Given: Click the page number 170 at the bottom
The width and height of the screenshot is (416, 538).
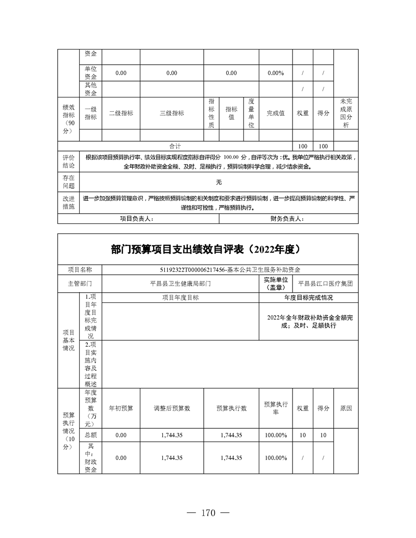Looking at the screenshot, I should (x=208, y=513).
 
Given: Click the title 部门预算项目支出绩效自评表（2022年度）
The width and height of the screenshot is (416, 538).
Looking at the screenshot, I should (x=208, y=250).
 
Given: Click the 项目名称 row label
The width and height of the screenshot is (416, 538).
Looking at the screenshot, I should (x=80, y=270).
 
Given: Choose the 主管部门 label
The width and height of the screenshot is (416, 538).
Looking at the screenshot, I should (x=80, y=283).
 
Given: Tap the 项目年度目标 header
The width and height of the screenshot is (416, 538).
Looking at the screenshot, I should (x=181, y=297).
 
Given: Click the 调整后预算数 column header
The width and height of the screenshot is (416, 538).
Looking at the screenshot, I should (x=172, y=408).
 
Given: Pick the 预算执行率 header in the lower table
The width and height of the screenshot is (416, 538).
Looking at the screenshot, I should (x=276, y=408).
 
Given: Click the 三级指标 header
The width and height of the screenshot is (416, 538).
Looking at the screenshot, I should (x=172, y=113).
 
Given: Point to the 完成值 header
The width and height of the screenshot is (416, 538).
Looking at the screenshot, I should (x=276, y=113).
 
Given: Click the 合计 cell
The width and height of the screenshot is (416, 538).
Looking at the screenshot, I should (x=175, y=146).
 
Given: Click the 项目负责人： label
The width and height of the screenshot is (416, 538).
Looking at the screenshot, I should (x=136, y=219).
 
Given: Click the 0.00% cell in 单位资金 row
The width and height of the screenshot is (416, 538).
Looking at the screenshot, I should (x=276, y=73).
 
